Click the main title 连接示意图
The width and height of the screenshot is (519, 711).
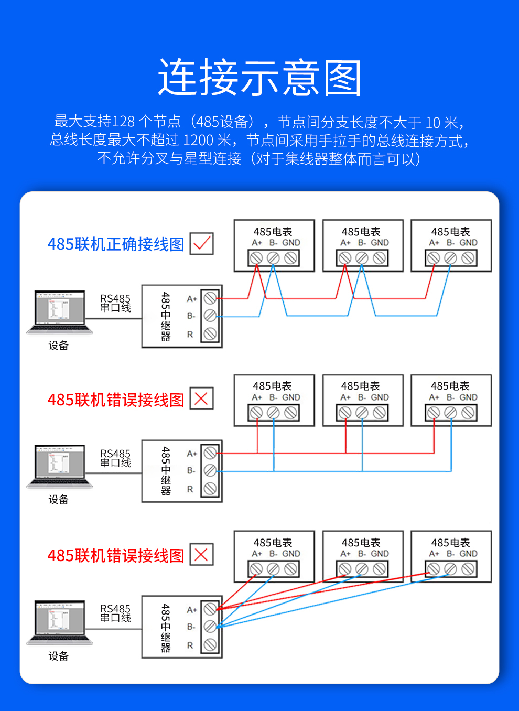click(x=259, y=78)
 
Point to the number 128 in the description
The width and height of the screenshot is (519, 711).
click(x=124, y=122)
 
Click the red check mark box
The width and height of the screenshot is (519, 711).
click(x=201, y=243)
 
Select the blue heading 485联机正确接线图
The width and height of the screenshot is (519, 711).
click(x=115, y=244)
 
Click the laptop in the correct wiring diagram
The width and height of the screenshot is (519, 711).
click(x=60, y=313)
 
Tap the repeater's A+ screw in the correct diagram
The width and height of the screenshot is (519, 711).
click(x=210, y=298)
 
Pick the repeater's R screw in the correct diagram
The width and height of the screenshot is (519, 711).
click(x=210, y=333)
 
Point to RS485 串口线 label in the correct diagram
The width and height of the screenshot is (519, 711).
click(x=115, y=303)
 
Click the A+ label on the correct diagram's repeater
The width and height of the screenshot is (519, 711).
click(x=192, y=299)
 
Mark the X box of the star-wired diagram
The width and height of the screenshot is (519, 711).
click(x=201, y=555)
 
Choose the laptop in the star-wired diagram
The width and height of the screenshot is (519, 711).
click(x=60, y=623)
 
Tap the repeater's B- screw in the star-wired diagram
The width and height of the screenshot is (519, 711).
click(x=210, y=627)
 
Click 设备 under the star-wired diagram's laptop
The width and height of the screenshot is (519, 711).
click(x=58, y=656)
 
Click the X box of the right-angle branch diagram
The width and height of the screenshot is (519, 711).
click(x=201, y=398)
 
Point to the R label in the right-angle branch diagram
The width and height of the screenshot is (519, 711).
click(x=190, y=489)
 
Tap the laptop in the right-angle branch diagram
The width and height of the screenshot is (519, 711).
click(x=60, y=467)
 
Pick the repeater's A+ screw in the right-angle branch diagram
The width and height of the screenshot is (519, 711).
click(x=210, y=453)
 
